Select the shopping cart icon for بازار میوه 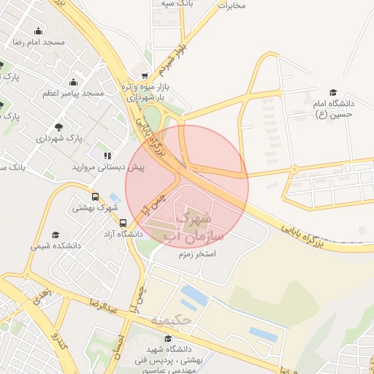(x=145, y=75)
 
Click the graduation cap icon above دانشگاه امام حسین (x=333, y=93)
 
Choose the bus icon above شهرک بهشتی (x=95, y=196)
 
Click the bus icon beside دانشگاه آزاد (x=123, y=224)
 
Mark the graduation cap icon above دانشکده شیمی (x=56, y=234)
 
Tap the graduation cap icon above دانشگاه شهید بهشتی (x=168, y=339)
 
